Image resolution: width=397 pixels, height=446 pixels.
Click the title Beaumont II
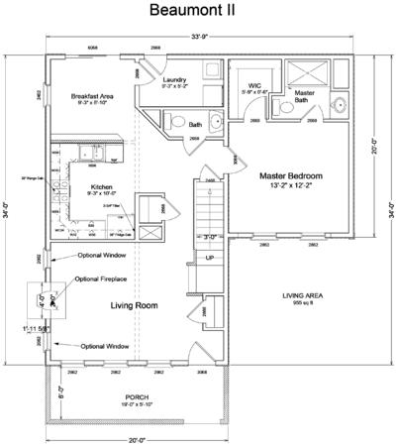tap(198, 13)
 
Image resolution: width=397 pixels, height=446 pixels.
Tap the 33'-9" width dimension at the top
tap(198, 38)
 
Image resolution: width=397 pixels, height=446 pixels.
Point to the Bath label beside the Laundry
tap(195, 125)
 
